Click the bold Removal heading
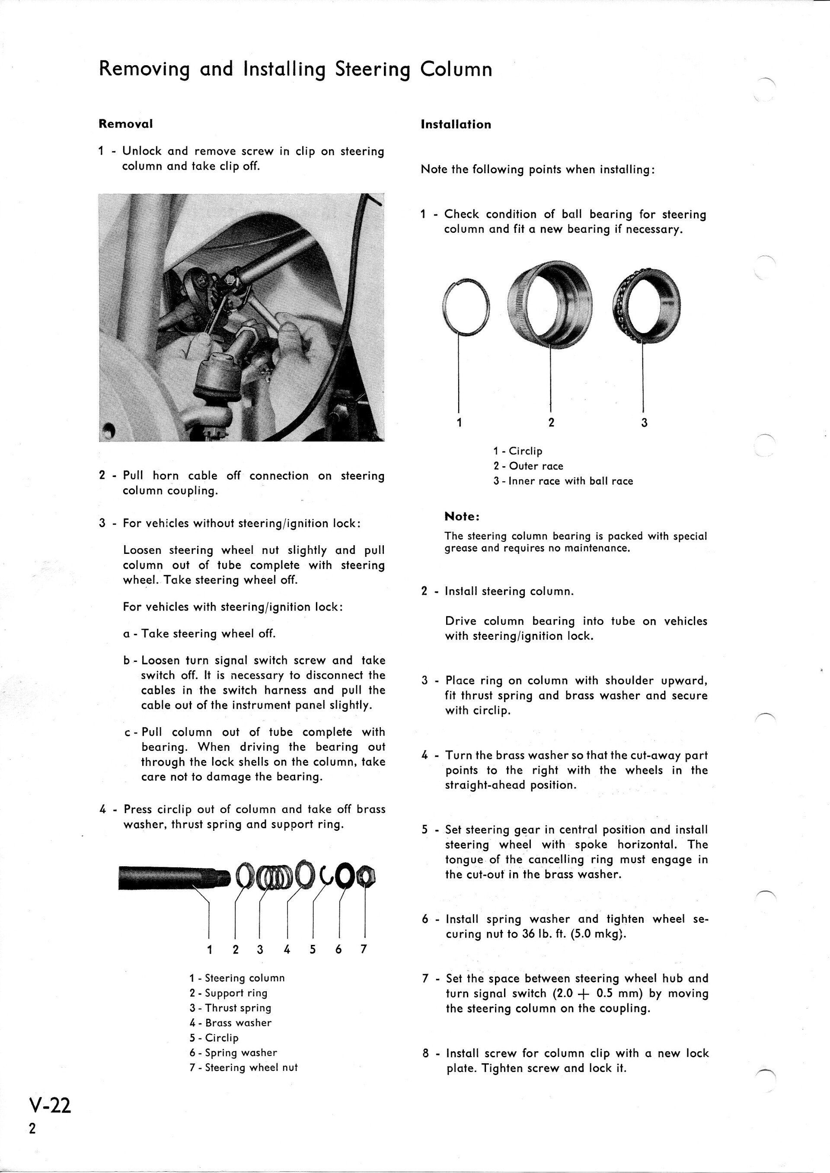(x=126, y=124)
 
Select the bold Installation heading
(x=456, y=125)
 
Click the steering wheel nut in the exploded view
(x=367, y=877)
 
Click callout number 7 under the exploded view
(x=364, y=949)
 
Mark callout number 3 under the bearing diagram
(x=644, y=423)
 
